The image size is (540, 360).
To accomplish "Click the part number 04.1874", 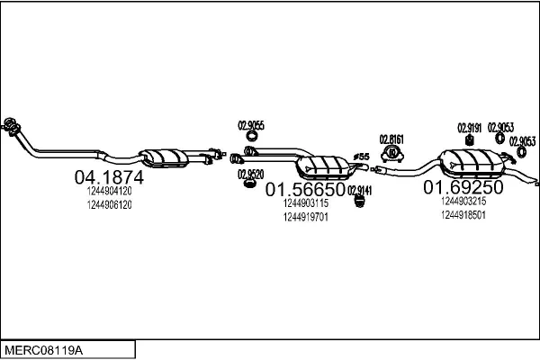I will (108, 178).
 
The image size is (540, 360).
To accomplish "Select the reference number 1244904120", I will (110, 191).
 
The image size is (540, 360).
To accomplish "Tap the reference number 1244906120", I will (110, 205).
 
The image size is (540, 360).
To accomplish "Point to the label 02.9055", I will (250, 125).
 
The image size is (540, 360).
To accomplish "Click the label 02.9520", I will (250, 174).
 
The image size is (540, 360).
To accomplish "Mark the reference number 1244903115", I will (305, 203).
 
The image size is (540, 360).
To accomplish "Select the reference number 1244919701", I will (305, 217).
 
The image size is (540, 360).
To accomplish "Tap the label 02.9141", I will (360, 189).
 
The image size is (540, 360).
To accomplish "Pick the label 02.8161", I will (391, 139).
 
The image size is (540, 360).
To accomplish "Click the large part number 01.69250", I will (463, 188).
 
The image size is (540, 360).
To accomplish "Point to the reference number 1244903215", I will (463, 202).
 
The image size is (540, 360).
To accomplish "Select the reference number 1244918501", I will (463, 215).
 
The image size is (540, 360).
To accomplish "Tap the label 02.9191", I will (470, 127).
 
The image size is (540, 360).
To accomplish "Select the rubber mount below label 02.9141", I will (357, 202).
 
